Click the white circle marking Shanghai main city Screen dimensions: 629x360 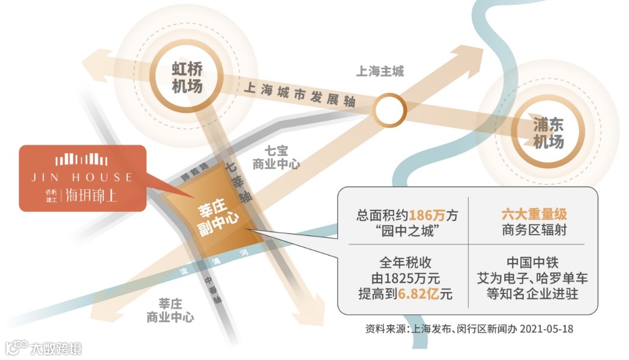[x=390, y=110]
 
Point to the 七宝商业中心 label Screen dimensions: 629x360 [x=276, y=157]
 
